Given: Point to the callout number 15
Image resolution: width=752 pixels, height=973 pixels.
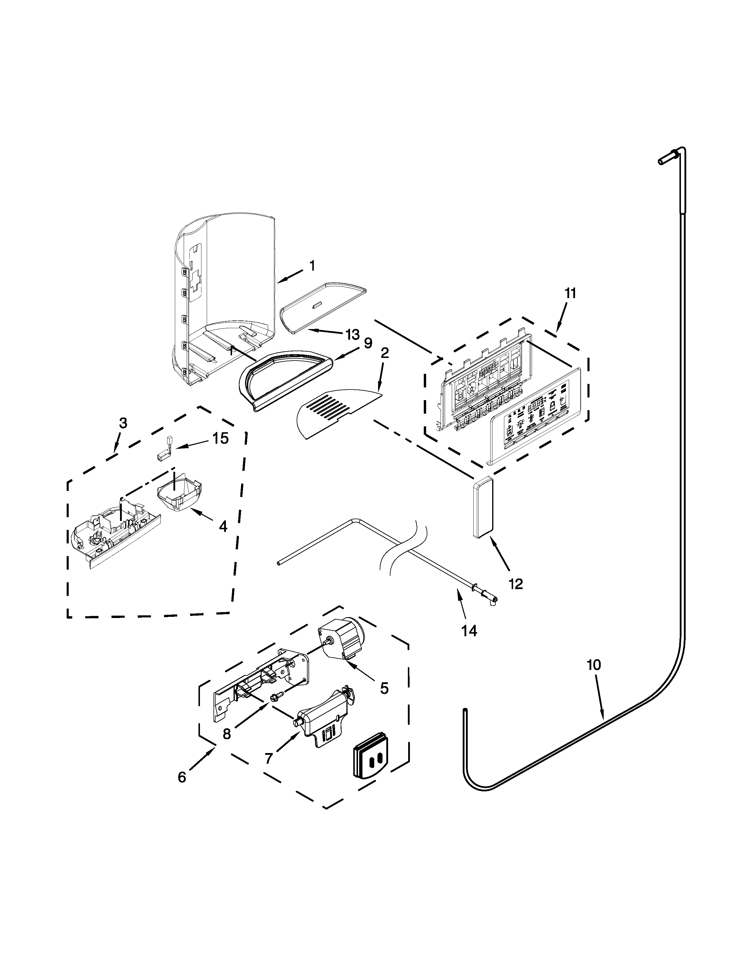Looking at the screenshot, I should pos(220,438).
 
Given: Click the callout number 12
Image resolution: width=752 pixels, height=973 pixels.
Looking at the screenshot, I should pos(515,584).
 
